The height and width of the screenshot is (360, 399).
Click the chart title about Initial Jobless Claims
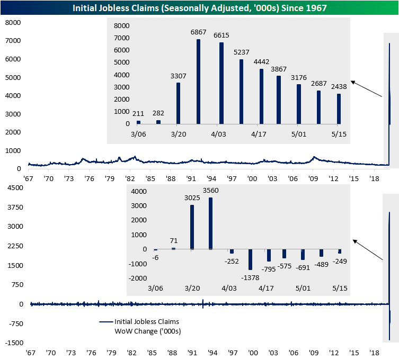click(x=199, y=7)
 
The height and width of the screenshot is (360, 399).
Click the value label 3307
click(x=178, y=76)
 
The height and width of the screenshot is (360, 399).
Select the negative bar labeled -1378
click(x=250, y=259)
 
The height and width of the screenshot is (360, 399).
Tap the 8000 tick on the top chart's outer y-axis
click(x=12, y=23)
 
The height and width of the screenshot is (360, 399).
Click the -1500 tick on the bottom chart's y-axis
click(x=11, y=343)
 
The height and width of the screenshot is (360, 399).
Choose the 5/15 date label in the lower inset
click(x=339, y=288)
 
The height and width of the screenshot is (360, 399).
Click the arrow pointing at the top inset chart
click(x=366, y=89)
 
